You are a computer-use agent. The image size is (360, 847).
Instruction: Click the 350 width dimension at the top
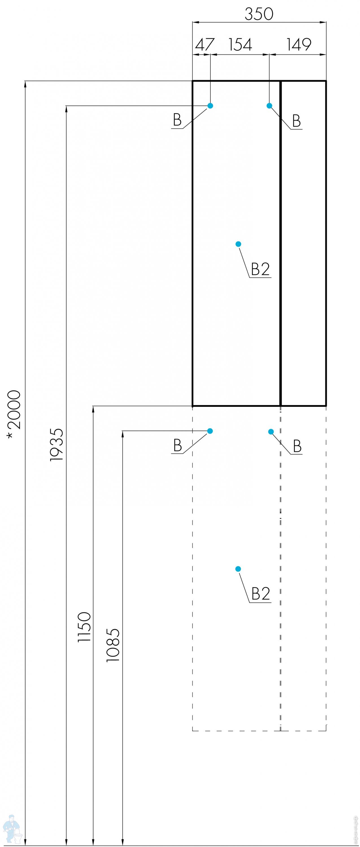tap(259, 14)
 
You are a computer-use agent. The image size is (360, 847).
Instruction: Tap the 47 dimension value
tap(204, 45)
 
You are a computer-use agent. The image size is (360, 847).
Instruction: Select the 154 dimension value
tap(240, 45)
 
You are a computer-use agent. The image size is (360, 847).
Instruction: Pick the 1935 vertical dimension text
tap(56, 445)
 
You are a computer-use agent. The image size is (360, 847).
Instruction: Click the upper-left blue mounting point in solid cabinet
tap(210, 106)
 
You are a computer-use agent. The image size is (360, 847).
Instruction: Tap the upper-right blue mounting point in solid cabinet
tap(269, 106)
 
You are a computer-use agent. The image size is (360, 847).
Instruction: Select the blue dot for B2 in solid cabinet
tap(238, 244)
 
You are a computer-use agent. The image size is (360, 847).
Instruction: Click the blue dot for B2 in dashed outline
tap(238, 569)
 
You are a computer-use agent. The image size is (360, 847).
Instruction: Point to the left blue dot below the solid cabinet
tap(210, 431)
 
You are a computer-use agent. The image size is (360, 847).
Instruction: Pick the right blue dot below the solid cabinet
tap(271, 432)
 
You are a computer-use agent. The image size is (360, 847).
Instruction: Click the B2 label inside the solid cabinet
tap(260, 269)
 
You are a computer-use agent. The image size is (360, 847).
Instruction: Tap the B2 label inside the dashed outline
tap(261, 594)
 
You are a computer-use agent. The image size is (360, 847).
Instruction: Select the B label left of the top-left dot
tap(177, 120)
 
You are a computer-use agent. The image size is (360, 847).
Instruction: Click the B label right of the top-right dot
tap(296, 121)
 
